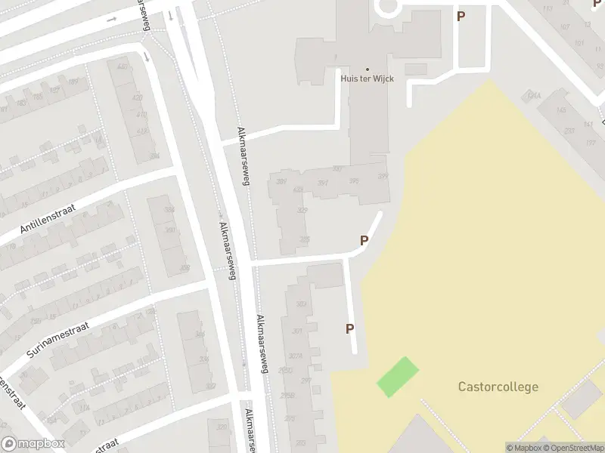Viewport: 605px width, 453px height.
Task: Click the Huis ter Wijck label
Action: pos(367,79)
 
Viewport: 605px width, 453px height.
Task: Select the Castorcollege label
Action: pos(498,387)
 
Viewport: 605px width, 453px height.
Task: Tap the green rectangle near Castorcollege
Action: pos(398,377)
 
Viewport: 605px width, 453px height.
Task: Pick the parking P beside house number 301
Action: pos(349,328)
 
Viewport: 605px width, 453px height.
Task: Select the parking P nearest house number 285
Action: pos(364,241)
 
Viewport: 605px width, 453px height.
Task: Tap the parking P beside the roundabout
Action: pos(460,16)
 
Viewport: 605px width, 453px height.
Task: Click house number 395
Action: pos(354,181)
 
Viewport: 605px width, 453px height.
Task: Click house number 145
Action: pos(561,111)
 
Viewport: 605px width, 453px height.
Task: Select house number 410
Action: pos(141,115)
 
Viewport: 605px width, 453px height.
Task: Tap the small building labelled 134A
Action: pos(534,97)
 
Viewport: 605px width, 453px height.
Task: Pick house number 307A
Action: pos(296,356)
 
